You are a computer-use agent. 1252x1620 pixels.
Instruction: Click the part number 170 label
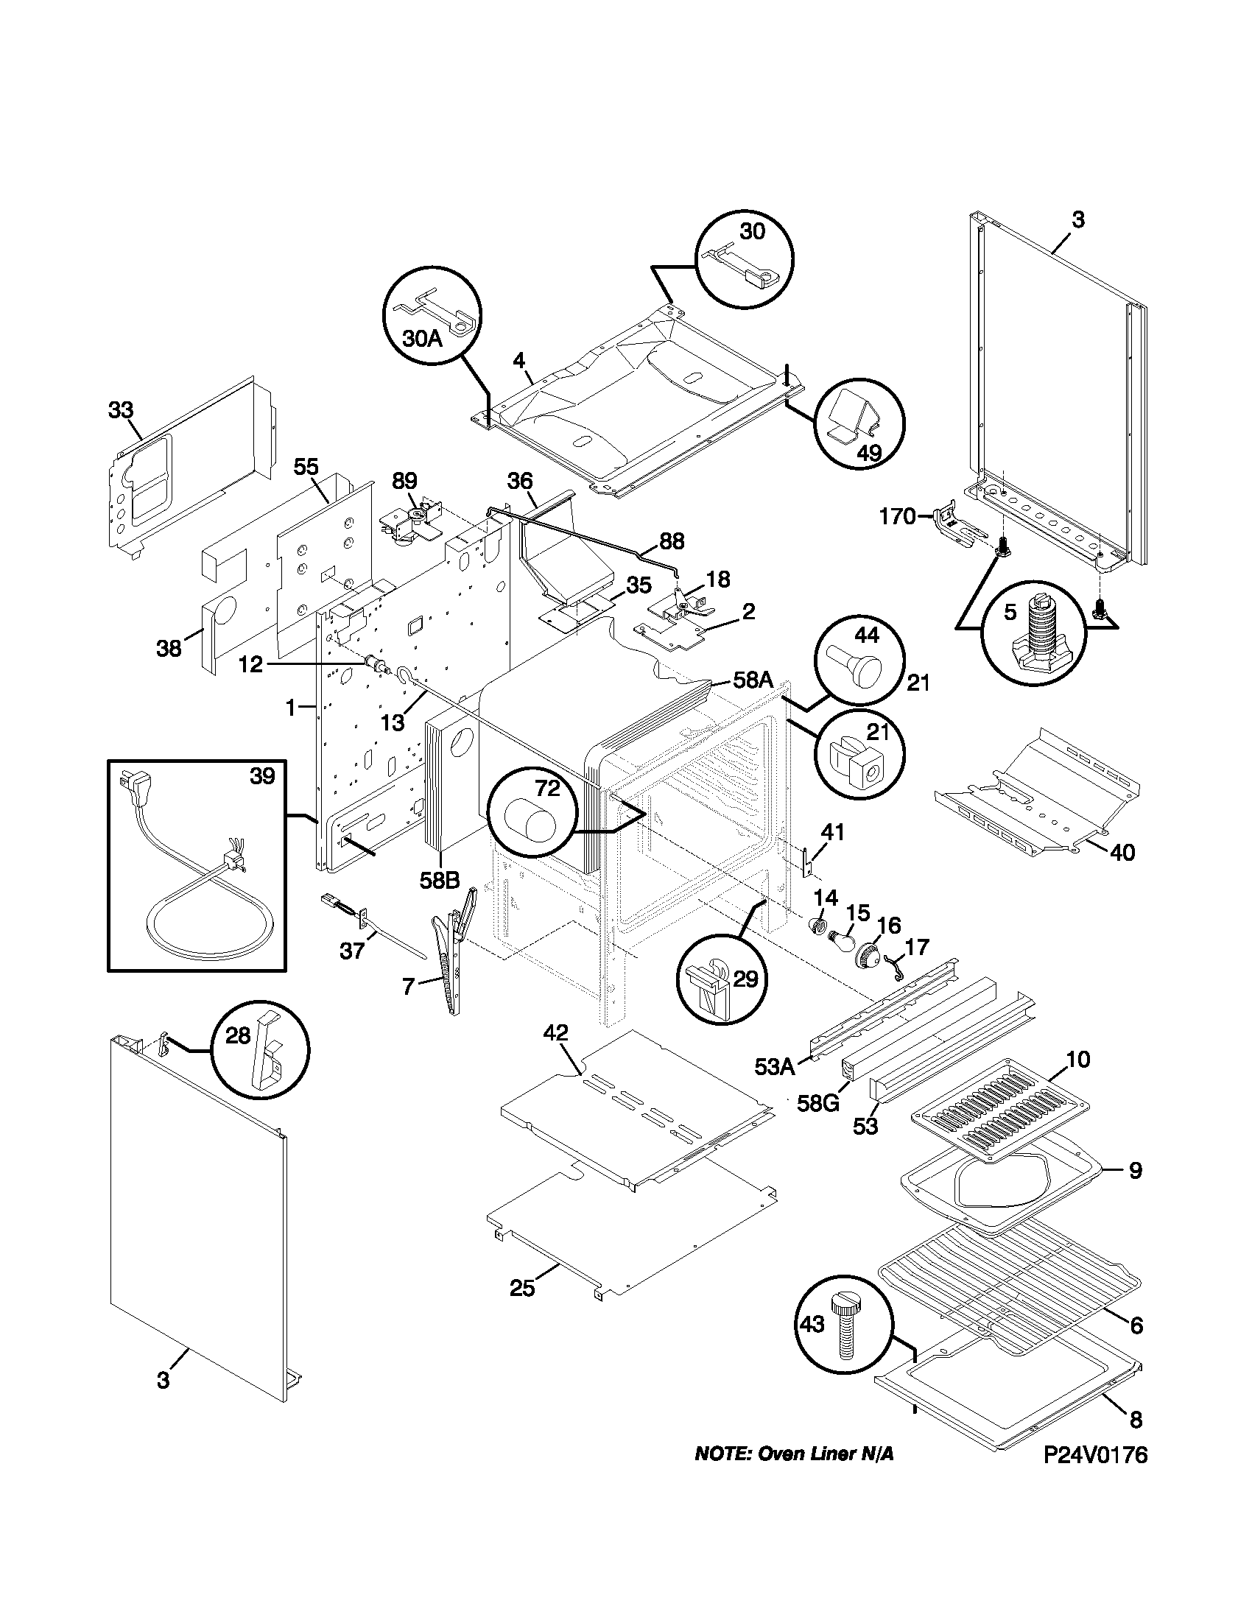tap(898, 516)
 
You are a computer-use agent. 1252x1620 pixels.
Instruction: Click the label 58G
tap(818, 1103)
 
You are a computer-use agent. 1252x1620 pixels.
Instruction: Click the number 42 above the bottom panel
tap(555, 1032)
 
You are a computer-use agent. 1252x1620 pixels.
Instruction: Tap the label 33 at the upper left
tap(121, 409)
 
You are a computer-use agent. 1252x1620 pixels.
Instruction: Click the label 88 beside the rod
tap(671, 540)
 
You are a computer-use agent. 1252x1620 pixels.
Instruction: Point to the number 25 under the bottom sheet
tap(521, 1289)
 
